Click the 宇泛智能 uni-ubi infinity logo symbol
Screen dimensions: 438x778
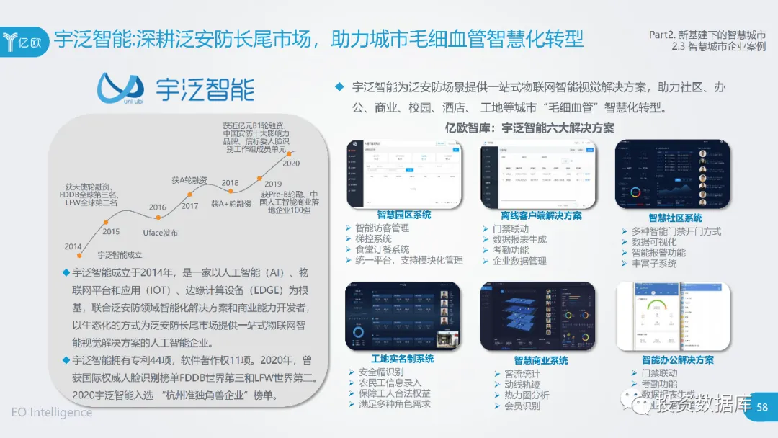pyautogui.click(x=120, y=88)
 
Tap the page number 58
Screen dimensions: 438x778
pyautogui.click(x=763, y=408)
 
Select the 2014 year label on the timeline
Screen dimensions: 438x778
pyautogui.click(x=73, y=246)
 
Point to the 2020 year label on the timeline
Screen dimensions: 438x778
pyautogui.click(x=291, y=164)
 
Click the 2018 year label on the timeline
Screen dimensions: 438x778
pyautogui.click(x=230, y=183)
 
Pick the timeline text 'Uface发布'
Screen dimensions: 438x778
pyautogui.click(x=160, y=233)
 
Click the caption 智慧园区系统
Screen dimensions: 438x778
pyautogui.click(x=403, y=215)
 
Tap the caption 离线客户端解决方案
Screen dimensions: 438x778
pyautogui.click(x=541, y=215)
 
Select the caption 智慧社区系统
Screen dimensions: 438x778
pyautogui.click(x=675, y=218)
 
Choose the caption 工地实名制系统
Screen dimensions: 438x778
pyautogui.click(x=402, y=358)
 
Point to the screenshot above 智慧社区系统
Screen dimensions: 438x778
pyautogui.click(x=672, y=174)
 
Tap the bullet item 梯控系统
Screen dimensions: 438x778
pyautogui.click(x=373, y=238)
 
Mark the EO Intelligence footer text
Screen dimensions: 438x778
pyautogui.click(x=51, y=413)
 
